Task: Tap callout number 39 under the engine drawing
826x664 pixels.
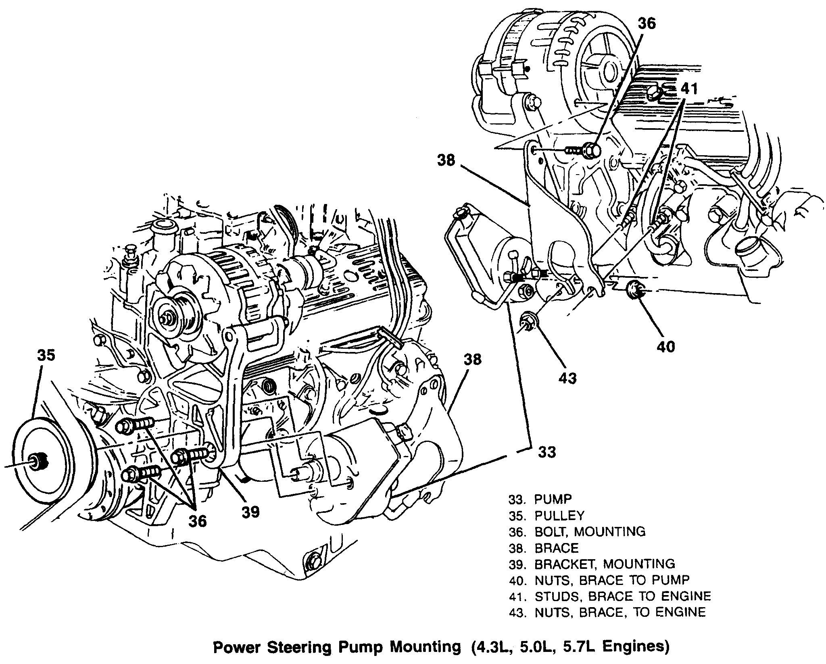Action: click(x=251, y=512)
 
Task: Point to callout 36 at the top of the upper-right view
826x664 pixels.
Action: click(x=647, y=23)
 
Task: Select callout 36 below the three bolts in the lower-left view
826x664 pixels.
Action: click(x=198, y=521)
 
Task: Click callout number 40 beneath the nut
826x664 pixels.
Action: click(x=665, y=346)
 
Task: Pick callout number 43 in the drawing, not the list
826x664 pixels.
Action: click(x=567, y=378)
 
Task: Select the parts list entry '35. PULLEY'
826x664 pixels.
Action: click(x=546, y=515)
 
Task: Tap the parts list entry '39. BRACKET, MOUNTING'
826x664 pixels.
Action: click(x=591, y=564)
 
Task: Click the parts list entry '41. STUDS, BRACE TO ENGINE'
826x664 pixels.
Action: click(x=609, y=596)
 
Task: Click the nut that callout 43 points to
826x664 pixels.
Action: click(x=526, y=321)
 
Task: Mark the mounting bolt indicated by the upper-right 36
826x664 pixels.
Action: click(x=591, y=150)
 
